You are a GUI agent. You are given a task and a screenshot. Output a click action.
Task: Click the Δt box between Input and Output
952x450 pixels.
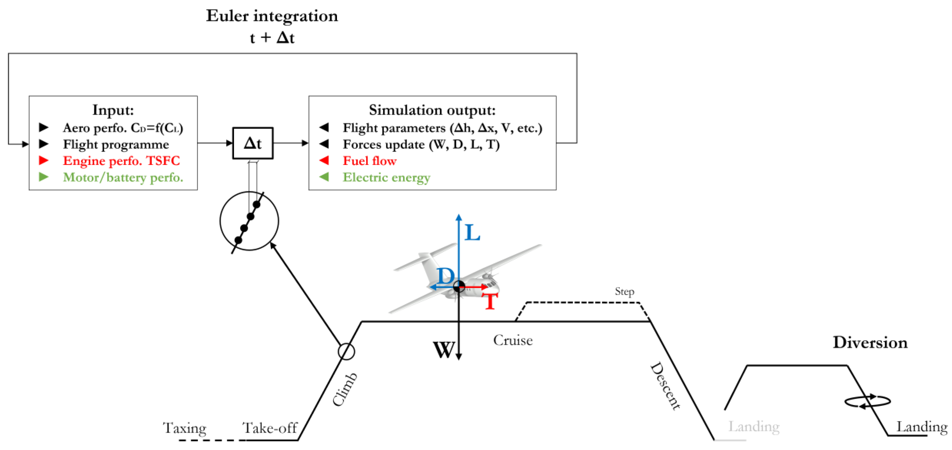click(x=253, y=144)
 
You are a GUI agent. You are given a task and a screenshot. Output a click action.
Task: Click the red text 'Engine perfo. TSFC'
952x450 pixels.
click(x=121, y=161)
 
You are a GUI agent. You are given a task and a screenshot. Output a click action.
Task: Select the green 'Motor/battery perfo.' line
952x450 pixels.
click(x=123, y=178)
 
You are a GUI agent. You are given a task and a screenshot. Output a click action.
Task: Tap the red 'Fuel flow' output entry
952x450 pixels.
click(x=369, y=161)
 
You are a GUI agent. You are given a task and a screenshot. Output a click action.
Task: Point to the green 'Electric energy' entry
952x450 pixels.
click(x=386, y=178)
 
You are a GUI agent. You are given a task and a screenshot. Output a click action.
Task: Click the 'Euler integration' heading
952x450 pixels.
click(x=272, y=16)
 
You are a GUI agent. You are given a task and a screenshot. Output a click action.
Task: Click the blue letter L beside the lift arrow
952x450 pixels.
click(x=472, y=233)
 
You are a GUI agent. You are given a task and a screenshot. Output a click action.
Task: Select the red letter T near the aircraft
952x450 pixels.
click(x=490, y=301)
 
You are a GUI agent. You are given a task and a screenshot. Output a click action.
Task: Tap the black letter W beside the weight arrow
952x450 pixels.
click(x=443, y=350)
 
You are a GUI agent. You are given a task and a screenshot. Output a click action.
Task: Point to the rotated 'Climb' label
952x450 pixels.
click(x=344, y=389)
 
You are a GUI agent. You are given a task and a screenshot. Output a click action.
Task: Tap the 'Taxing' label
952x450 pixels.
click(x=184, y=428)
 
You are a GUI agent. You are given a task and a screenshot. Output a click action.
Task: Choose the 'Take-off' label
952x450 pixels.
click(x=269, y=428)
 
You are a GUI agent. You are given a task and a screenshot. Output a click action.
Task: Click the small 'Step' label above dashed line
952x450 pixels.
click(x=624, y=291)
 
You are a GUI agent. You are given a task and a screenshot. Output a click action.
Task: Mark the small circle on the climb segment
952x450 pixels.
click(x=346, y=351)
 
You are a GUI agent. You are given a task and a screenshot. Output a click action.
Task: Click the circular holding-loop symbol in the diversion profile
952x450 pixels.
click(x=867, y=401)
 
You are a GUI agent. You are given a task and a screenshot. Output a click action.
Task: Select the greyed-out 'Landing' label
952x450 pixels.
click(x=754, y=427)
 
